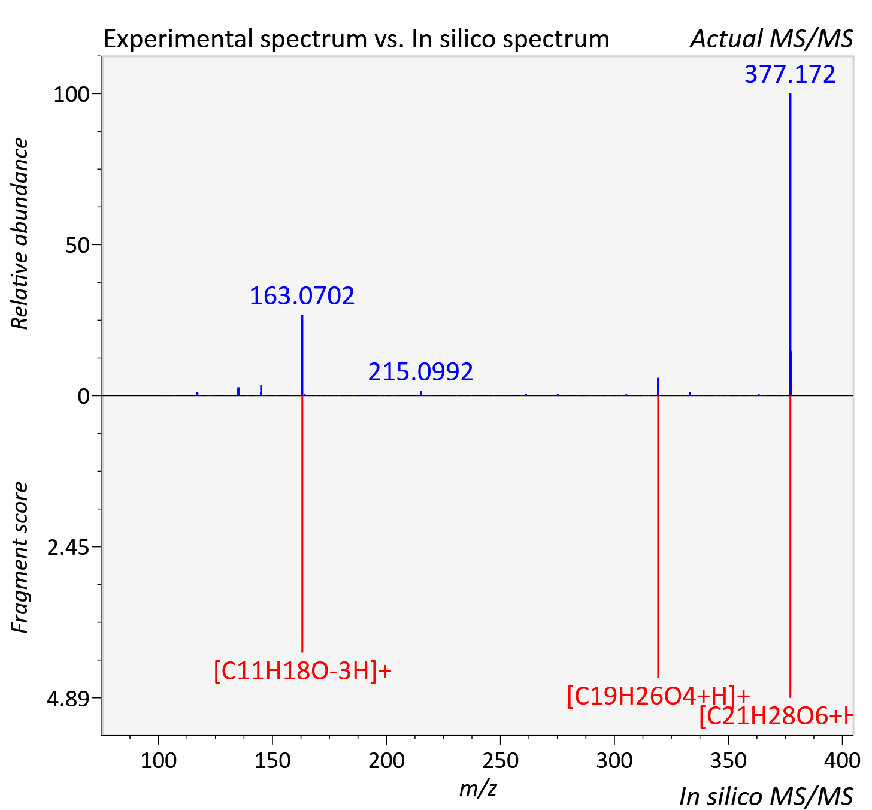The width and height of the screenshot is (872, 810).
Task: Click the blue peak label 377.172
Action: pos(790,74)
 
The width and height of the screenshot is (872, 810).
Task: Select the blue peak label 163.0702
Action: pos(302,295)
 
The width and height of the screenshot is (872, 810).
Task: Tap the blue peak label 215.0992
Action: pos(420,371)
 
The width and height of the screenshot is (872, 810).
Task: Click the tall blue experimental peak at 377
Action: pos(791,244)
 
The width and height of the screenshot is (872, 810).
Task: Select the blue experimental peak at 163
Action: pos(302,355)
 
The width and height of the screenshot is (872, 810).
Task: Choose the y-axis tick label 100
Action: pos(71,95)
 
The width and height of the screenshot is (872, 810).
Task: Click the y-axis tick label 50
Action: pos(77,246)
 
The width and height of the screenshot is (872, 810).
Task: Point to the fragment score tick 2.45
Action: pos(68,548)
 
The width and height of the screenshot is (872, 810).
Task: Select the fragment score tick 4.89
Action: pos(68,699)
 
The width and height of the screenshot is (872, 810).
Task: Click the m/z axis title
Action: pos(478,788)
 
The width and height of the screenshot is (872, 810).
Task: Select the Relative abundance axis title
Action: pos(20,233)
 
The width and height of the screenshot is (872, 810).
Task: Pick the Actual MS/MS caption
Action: pos(772,39)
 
